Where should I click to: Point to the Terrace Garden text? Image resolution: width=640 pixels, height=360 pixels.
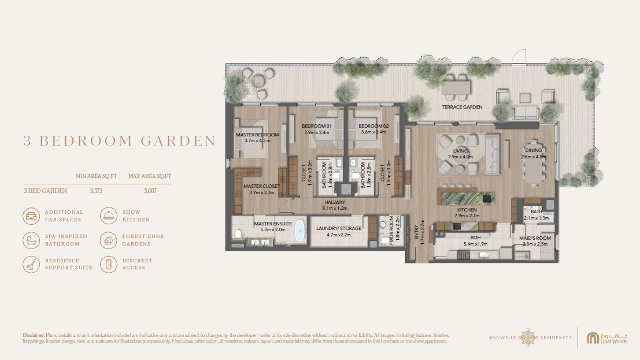click(x=462, y=107)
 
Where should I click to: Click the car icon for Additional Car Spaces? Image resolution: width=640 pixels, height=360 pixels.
click(x=31, y=216)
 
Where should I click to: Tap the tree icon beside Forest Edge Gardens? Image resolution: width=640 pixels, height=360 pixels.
click(x=109, y=240)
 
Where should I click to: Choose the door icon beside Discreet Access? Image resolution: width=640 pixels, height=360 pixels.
click(x=109, y=264)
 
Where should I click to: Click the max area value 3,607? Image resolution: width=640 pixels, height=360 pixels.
click(x=149, y=190)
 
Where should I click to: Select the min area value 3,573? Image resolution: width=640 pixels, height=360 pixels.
click(x=96, y=190)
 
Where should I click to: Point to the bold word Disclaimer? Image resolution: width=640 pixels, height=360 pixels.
click(x=34, y=335)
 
